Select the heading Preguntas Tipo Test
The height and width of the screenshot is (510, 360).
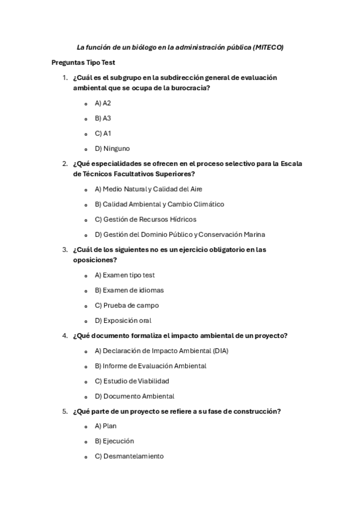(83, 63)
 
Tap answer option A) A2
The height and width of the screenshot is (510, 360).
(103, 103)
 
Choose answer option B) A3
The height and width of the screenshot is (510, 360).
(103, 118)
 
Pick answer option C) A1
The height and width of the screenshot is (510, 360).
(103, 134)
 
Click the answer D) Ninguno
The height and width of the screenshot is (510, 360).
(112, 149)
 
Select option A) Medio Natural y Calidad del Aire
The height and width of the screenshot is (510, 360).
(148, 189)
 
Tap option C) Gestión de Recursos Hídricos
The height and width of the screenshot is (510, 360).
(145, 220)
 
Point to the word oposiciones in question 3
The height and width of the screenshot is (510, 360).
(94, 260)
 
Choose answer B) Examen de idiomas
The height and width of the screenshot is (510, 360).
(129, 290)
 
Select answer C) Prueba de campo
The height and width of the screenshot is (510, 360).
(127, 305)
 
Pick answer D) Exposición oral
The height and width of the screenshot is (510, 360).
(123, 321)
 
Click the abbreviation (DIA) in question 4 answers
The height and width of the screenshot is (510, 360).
(219, 351)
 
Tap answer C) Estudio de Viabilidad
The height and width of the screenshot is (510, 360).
(132, 381)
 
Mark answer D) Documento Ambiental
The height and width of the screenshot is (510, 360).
(135, 396)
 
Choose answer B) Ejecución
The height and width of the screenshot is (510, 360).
(114, 441)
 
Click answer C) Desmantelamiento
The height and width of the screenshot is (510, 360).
(129, 456)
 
